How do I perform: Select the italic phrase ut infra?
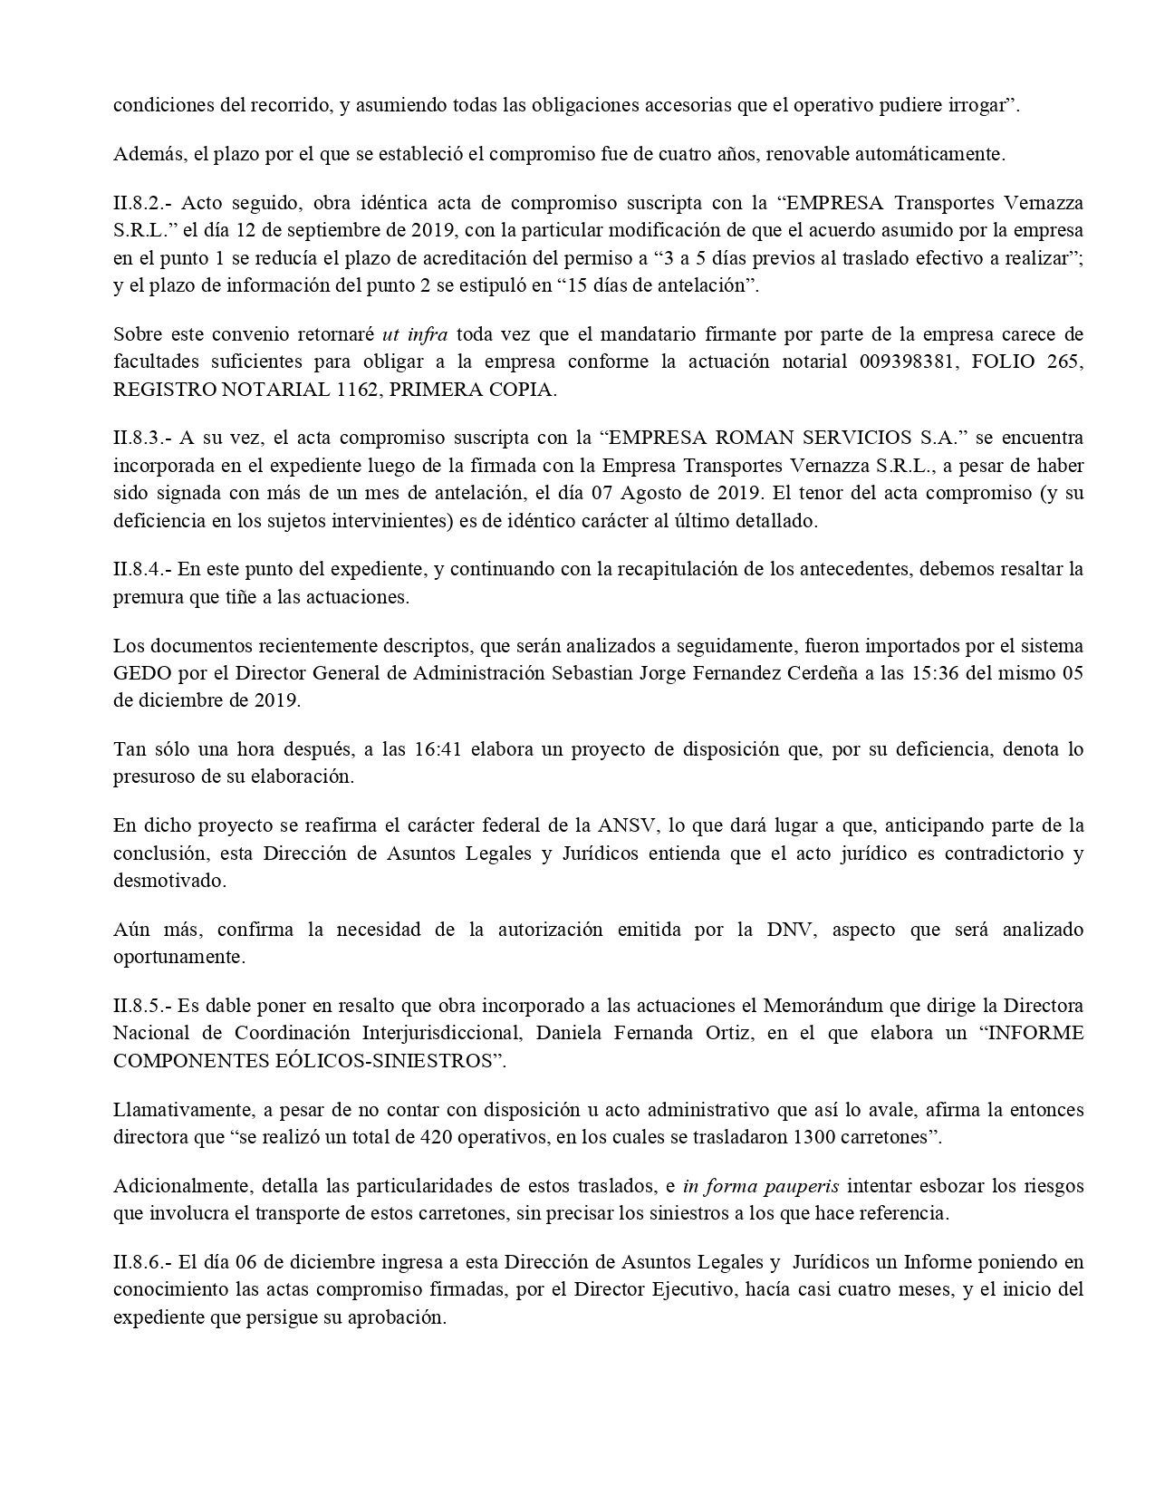pyautogui.click(x=414, y=334)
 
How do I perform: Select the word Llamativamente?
pyautogui.click(x=177, y=1110)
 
